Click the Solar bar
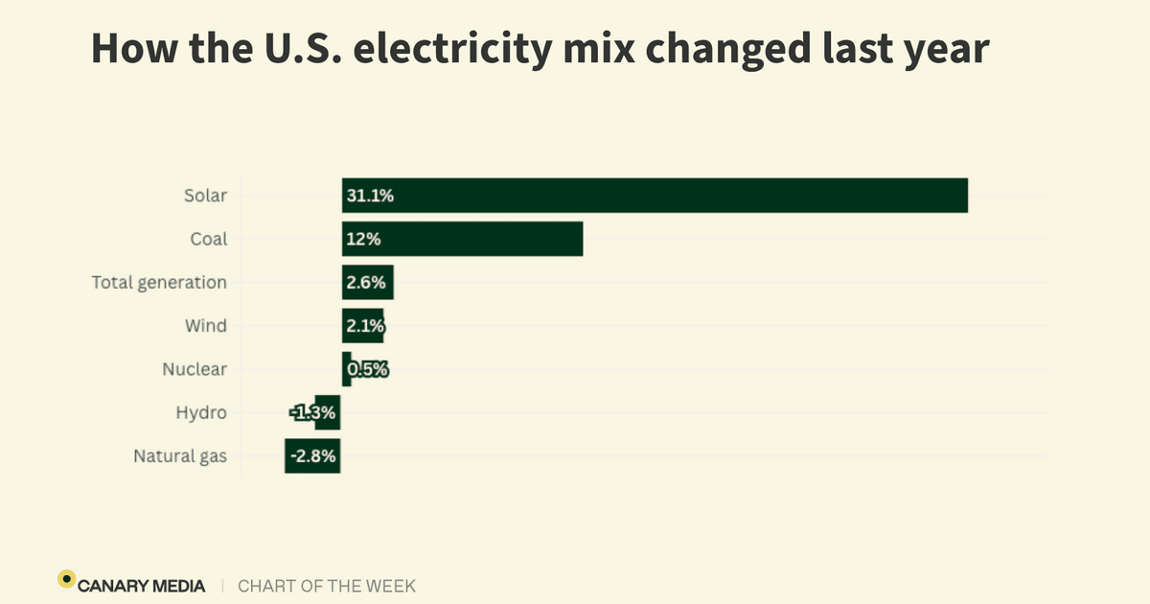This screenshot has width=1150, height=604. coord(655,196)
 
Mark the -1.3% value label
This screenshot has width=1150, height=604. coord(314,413)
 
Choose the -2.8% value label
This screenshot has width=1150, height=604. coord(313,456)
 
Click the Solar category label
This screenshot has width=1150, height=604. coord(205,196)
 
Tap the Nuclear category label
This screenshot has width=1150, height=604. coord(195,369)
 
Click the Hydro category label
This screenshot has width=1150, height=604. coord(201,413)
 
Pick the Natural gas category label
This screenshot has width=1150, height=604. coord(180,456)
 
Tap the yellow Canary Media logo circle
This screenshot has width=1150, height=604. coord(66,578)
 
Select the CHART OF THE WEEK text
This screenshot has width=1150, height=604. coord(327,586)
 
